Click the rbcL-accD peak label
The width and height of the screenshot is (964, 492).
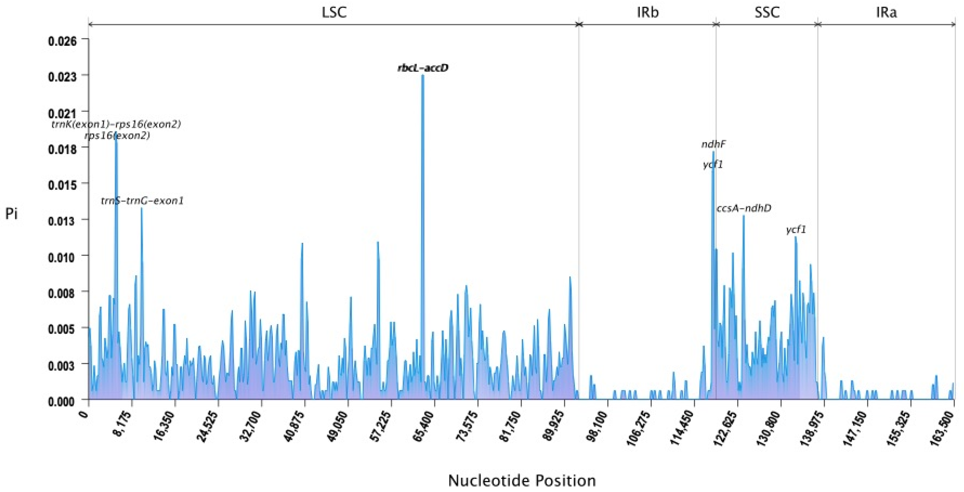[423, 68]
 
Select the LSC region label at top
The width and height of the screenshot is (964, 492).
[334, 12]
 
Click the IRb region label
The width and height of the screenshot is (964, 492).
[648, 12]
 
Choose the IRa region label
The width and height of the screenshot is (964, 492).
[886, 12]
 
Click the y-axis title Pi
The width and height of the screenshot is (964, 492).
[12, 214]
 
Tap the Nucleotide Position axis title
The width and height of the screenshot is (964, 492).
[522, 480]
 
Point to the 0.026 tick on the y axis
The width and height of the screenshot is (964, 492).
[62, 40]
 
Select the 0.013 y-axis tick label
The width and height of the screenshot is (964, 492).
[62, 220]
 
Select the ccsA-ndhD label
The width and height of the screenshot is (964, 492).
[744, 208]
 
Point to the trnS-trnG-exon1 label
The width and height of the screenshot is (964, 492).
[142, 201]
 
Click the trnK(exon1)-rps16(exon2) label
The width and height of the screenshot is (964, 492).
[116, 124]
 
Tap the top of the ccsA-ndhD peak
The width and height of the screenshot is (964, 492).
[744, 216]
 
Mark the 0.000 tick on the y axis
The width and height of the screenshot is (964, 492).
[62, 401]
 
